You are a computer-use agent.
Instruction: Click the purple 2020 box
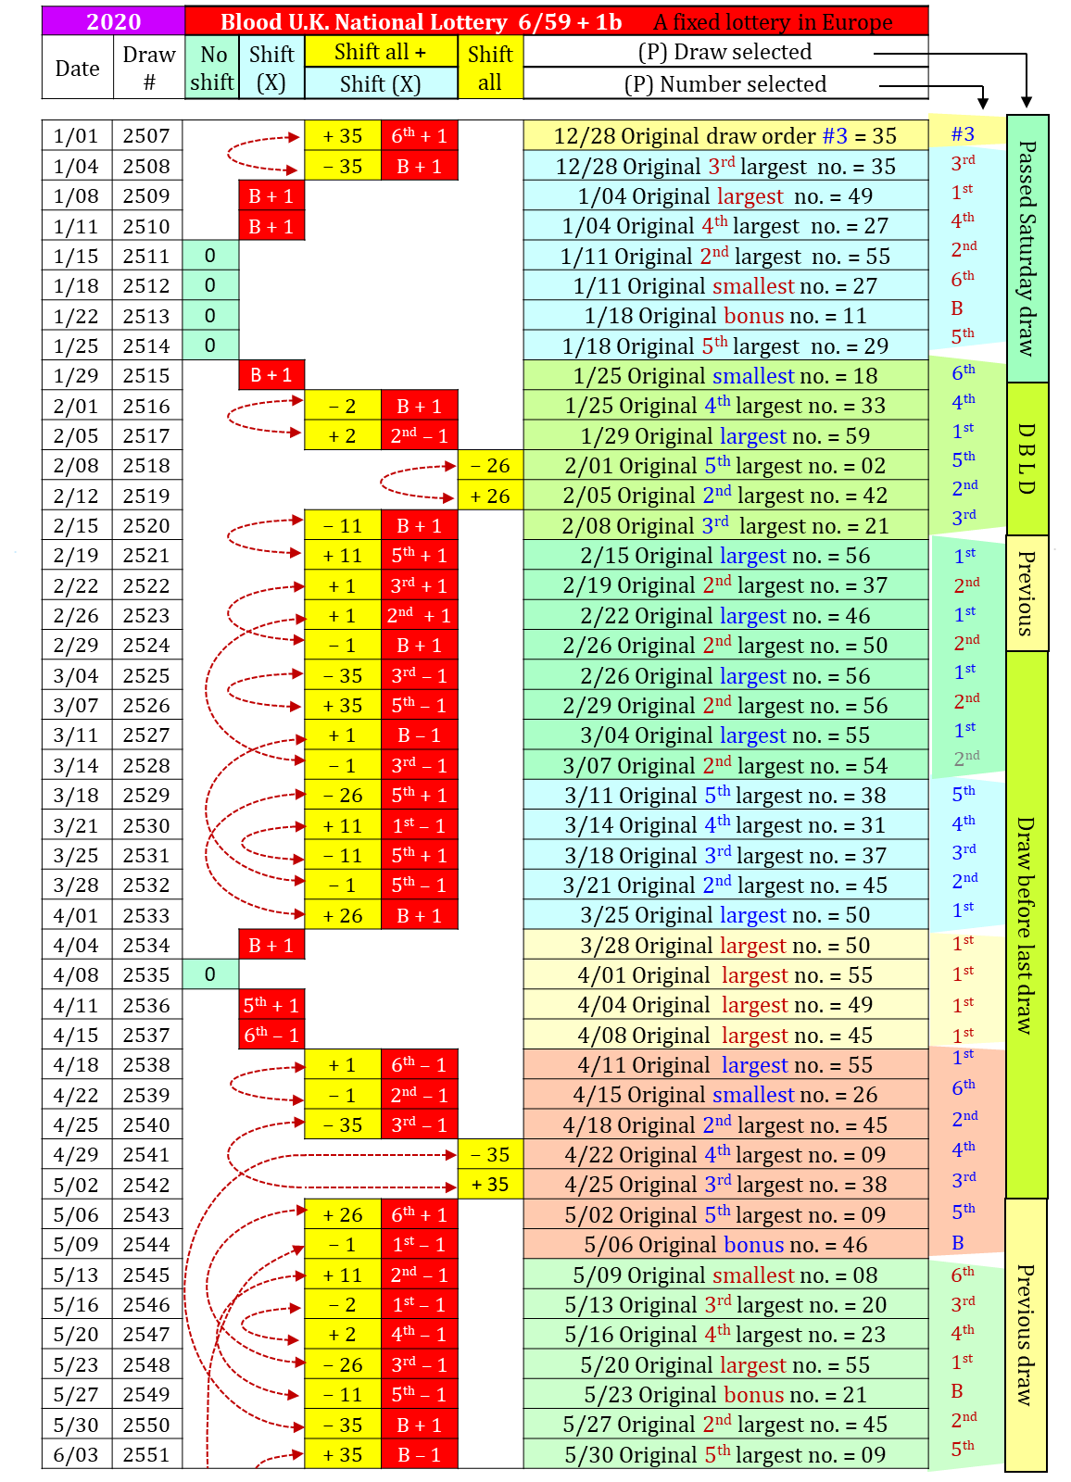coord(113,21)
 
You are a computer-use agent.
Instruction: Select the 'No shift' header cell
coord(212,68)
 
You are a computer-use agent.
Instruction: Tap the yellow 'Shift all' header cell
coord(490,68)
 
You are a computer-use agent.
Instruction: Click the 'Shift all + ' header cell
coord(381,52)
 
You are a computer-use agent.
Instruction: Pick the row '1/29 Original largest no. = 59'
coord(725,435)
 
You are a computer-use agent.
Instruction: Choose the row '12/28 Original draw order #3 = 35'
coord(725,136)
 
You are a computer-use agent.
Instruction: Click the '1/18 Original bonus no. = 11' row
coord(725,316)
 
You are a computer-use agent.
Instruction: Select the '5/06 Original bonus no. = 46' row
coord(725,1244)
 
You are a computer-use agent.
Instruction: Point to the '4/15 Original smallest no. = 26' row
coord(725,1095)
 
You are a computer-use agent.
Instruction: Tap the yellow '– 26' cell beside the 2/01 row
coord(490,466)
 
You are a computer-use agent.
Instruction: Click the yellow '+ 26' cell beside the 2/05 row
coord(490,496)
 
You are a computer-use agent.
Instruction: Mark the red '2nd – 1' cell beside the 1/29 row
coord(419,435)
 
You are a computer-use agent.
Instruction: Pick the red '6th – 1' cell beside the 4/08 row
coord(271,1035)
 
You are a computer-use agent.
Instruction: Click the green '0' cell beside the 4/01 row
coord(210,974)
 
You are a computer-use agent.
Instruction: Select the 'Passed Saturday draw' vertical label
coord(1027,248)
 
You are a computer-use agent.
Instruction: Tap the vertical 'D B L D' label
coord(1027,458)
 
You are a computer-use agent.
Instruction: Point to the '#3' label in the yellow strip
coord(964,133)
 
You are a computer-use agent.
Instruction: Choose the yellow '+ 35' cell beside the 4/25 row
coord(490,1184)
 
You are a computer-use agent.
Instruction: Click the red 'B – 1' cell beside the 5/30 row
coord(419,1454)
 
